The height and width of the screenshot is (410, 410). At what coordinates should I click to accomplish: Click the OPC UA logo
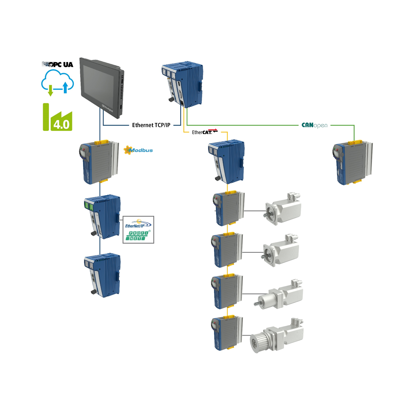point(58,64)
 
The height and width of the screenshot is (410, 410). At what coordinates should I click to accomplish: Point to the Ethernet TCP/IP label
point(151,125)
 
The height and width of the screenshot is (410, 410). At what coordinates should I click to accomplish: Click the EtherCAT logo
point(204,132)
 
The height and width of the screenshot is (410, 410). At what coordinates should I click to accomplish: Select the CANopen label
point(314,125)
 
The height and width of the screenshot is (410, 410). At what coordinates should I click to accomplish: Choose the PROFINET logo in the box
point(138,236)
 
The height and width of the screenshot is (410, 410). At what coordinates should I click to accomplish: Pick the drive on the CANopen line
point(352,163)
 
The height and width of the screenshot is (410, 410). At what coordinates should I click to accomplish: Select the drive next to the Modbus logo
point(99,162)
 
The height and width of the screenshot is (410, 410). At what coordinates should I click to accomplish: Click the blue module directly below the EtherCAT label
point(226,161)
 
